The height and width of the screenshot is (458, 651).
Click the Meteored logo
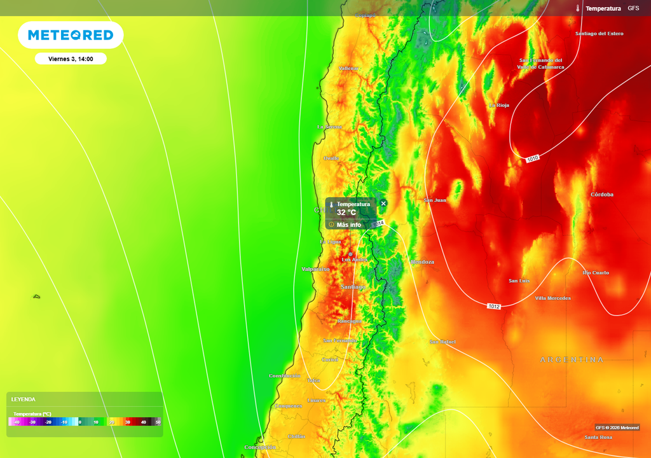tap(71, 35)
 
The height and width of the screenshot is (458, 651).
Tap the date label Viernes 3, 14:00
tap(71, 59)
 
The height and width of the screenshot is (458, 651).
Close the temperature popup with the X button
tap(383, 204)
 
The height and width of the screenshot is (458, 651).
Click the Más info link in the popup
tap(348, 225)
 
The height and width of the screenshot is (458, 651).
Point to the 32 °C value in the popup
tap(346, 212)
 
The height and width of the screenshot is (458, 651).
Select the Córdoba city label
tap(601, 195)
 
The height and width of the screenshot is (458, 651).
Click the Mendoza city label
tap(423, 262)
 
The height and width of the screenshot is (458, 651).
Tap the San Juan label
tap(435, 200)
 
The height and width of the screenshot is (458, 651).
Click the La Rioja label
tap(499, 106)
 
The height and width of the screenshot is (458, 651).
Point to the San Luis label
tap(519, 281)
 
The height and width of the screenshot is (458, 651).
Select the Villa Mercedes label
tap(552, 298)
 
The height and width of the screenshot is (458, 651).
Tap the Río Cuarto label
tap(596, 273)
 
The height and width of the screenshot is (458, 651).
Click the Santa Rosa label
tap(598, 437)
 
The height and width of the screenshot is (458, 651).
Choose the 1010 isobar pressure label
tap(533, 158)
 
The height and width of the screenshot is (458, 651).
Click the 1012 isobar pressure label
tap(494, 307)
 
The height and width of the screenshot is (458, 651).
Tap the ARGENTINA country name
tap(572, 360)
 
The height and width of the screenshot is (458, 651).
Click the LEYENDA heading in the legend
tap(24, 399)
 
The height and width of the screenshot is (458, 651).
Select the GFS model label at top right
tap(633, 8)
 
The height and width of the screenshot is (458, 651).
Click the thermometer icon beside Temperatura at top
tap(579, 8)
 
